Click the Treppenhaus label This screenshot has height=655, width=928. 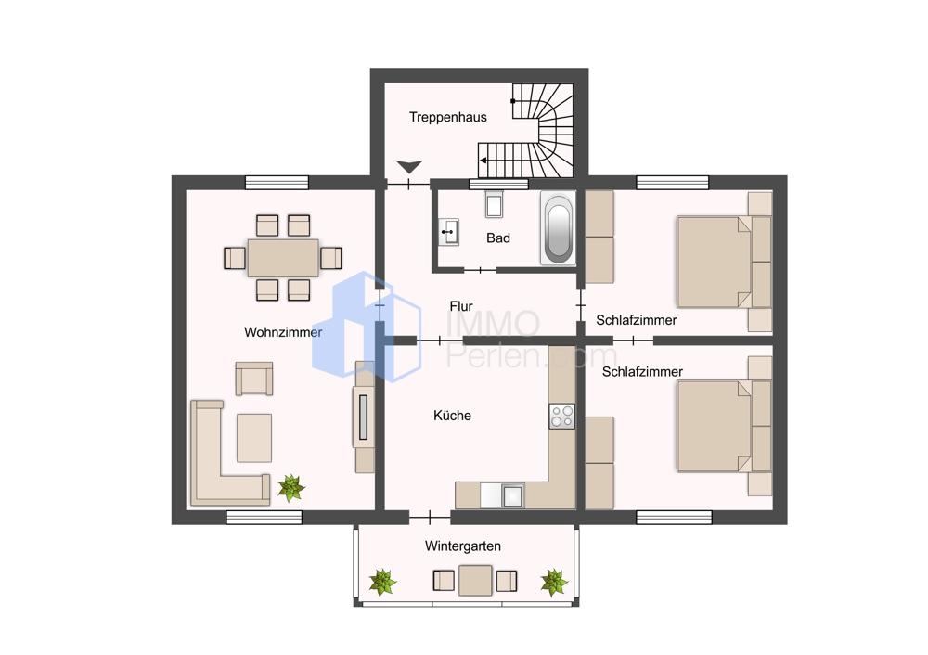(448, 117)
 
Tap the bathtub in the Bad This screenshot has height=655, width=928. (558, 228)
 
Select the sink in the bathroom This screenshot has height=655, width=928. (449, 232)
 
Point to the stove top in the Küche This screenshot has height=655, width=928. (561, 416)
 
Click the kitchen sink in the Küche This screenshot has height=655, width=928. (512, 495)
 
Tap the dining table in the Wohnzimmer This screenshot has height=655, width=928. (283, 257)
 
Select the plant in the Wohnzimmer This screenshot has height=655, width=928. (291, 488)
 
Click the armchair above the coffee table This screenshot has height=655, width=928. (254, 379)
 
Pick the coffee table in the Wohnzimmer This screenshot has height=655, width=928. (254, 438)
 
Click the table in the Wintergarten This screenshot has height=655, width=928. (475, 581)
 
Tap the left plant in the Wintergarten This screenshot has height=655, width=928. (382, 583)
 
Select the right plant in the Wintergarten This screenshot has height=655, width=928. (554, 583)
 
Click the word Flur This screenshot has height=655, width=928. (461, 306)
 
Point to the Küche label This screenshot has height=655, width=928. (452, 416)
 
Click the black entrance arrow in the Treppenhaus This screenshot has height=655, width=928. (409, 167)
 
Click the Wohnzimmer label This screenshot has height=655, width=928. (283, 332)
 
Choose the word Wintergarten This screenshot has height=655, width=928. (463, 546)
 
